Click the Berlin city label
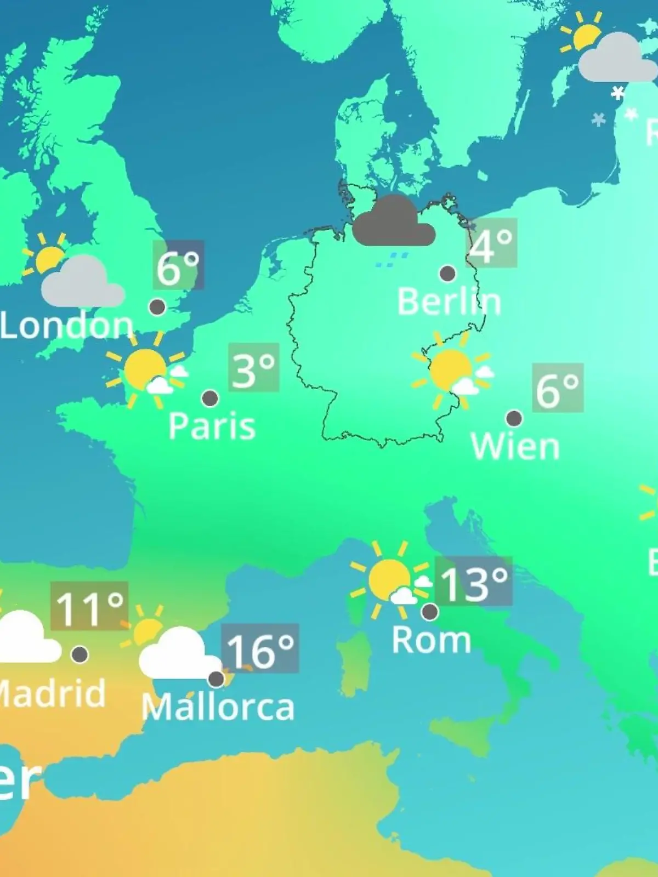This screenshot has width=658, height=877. point(449,302)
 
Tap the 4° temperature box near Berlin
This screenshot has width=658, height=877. point(492,243)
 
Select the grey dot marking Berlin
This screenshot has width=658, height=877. point(448,273)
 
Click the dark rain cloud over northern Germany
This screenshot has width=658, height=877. point(393,222)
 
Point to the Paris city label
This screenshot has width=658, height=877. point(212,426)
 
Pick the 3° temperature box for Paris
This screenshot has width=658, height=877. point(254,368)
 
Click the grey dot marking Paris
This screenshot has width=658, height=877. point(210,398)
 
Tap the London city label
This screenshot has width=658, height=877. point(67,326)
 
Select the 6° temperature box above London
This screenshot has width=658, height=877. point(178,265)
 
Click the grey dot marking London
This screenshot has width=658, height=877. point(158,307)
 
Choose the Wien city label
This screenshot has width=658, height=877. point(515,447)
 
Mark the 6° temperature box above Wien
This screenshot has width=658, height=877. point(558,388)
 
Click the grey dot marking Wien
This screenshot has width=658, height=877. point(514,419)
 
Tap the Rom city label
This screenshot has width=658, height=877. point(432,640)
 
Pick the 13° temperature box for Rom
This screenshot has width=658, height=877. point(474,582)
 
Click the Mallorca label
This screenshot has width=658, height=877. point(218,707)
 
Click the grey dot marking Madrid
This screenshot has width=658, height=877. point(80,654)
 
